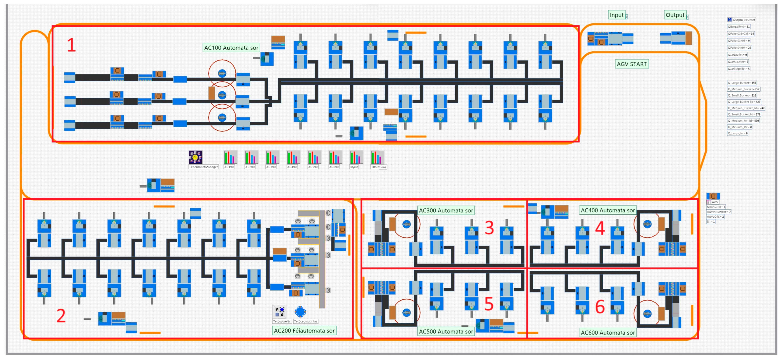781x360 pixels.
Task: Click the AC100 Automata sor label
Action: click(x=231, y=48)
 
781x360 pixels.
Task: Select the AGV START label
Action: click(x=631, y=64)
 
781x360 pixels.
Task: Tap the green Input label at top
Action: click(x=617, y=15)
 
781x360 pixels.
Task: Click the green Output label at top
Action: click(x=675, y=15)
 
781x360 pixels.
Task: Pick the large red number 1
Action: click(x=71, y=45)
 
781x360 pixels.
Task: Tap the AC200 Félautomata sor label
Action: click(x=304, y=331)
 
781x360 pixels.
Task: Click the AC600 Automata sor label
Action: click(x=608, y=332)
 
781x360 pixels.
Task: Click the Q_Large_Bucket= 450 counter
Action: click(x=742, y=83)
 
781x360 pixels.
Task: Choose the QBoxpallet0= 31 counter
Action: click(x=739, y=27)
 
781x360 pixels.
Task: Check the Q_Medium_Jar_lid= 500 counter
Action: click(x=743, y=121)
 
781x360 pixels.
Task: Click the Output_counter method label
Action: click(x=743, y=20)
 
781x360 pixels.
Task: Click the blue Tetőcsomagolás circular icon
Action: click(x=300, y=311)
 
